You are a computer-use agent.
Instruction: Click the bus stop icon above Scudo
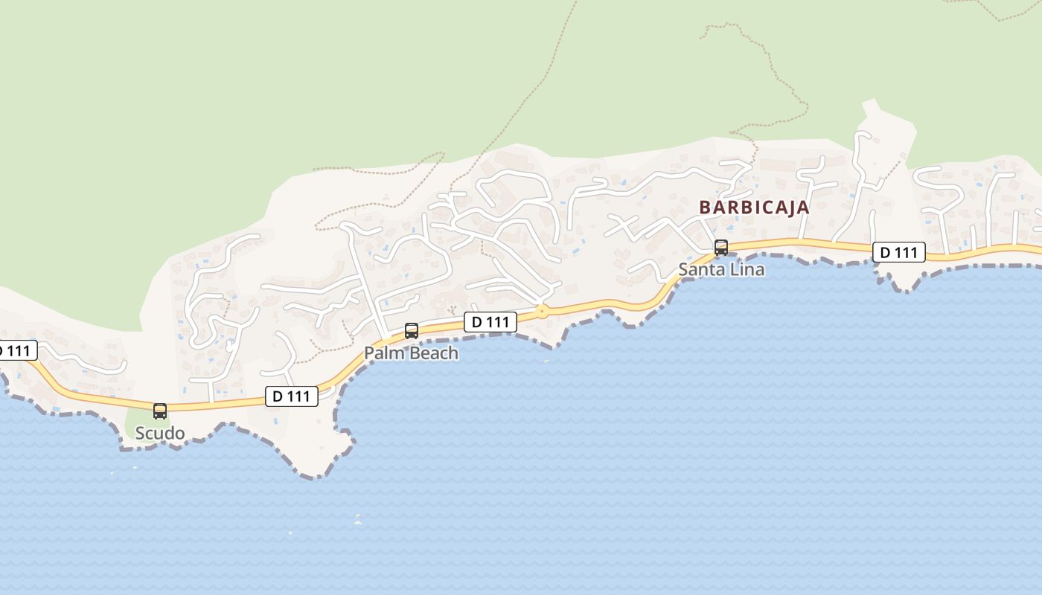tap(159, 411)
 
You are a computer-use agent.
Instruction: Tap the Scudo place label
tap(159, 433)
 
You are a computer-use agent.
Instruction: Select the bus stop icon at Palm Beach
tap(411, 331)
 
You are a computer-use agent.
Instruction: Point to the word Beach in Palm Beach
tap(433, 353)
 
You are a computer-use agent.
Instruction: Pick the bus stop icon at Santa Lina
tap(720, 248)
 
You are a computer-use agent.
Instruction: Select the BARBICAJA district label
tap(754, 208)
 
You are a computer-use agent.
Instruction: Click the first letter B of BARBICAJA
tap(705, 208)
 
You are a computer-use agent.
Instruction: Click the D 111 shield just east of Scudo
tap(292, 396)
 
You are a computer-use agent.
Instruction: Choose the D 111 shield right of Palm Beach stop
tap(490, 322)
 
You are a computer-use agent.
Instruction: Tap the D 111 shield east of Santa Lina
tap(899, 253)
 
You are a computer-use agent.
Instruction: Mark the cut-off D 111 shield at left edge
tap(16, 350)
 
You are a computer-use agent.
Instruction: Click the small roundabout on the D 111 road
tap(542, 312)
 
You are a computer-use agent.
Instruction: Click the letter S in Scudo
tap(140, 433)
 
